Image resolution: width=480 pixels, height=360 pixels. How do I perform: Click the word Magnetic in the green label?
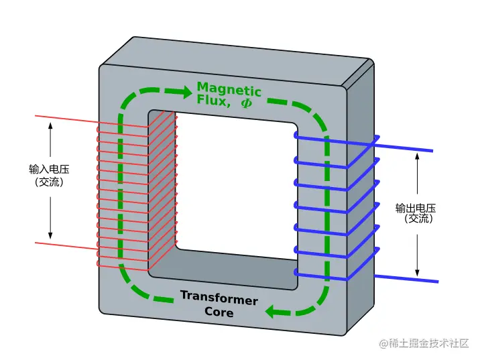click(x=229, y=89)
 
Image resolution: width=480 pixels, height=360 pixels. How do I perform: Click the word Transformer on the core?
click(x=219, y=298)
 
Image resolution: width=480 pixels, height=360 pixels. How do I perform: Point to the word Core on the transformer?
click(x=219, y=312)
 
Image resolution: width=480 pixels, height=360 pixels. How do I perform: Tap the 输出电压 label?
click(x=416, y=207)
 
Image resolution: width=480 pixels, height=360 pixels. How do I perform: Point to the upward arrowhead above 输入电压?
click(x=50, y=125)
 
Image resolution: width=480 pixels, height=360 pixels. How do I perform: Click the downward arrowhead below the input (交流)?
click(x=50, y=234)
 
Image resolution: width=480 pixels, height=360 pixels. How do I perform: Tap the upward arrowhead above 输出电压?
click(x=417, y=156)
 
